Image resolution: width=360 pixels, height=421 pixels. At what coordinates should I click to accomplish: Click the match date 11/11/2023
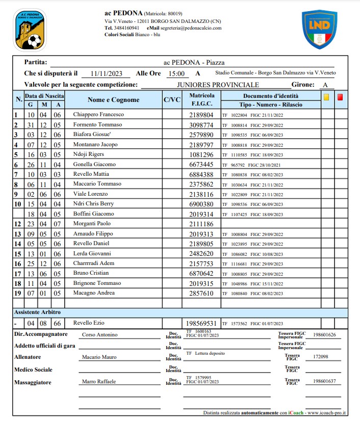tap(107, 73)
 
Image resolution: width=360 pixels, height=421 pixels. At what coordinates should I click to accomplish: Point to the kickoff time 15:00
tap(176, 73)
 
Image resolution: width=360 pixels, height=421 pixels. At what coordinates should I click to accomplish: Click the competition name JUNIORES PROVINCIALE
tap(218, 85)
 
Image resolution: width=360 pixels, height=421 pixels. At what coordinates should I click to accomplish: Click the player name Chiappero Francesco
tap(98, 115)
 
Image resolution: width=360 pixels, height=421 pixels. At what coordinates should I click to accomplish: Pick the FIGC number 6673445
tap(201, 165)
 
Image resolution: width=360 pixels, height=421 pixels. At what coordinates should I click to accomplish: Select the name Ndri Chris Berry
tap(94, 204)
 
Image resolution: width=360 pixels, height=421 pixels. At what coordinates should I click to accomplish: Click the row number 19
tap(18, 293)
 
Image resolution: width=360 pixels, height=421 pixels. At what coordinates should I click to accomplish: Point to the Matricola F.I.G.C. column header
tap(201, 99)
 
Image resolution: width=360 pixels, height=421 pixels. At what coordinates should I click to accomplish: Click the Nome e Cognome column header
tap(113, 100)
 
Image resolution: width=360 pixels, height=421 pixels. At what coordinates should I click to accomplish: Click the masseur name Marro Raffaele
tap(99, 381)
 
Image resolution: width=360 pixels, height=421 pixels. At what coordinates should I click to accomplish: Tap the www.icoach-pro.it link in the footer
tap(326, 412)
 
